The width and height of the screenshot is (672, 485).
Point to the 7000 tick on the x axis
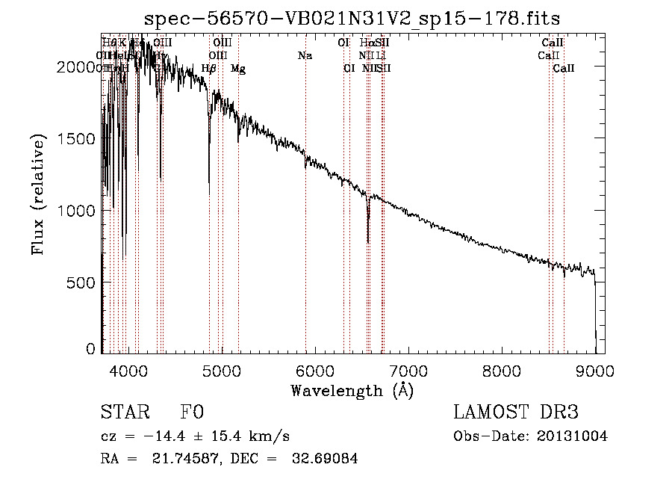click(x=408, y=371)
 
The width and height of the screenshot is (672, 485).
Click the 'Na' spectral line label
click(x=305, y=55)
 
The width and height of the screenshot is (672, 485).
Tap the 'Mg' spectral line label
click(x=237, y=69)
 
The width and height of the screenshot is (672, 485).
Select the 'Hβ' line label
click(x=209, y=69)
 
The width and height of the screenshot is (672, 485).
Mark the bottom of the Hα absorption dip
click(x=368, y=241)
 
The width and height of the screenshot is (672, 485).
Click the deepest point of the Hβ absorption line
click(x=209, y=193)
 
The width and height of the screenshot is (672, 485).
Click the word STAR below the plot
click(x=124, y=413)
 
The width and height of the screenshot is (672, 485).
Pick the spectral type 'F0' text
click(x=192, y=413)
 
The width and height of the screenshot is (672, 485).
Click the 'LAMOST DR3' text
click(x=516, y=413)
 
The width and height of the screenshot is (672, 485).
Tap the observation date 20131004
click(x=573, y=436)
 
